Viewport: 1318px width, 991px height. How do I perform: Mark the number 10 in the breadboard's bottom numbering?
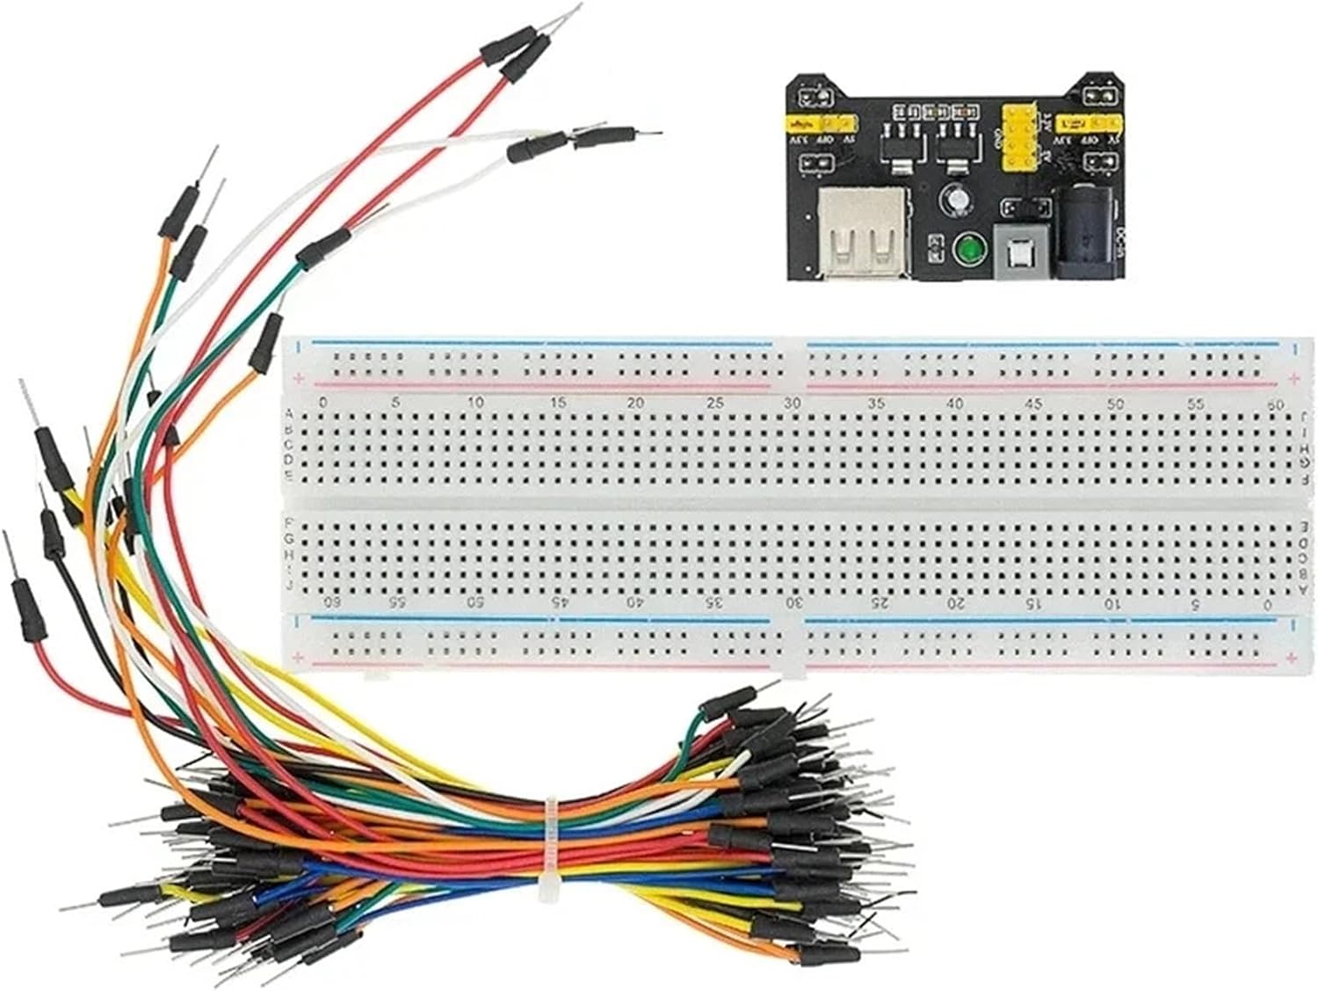click(x=1112, y=604)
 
